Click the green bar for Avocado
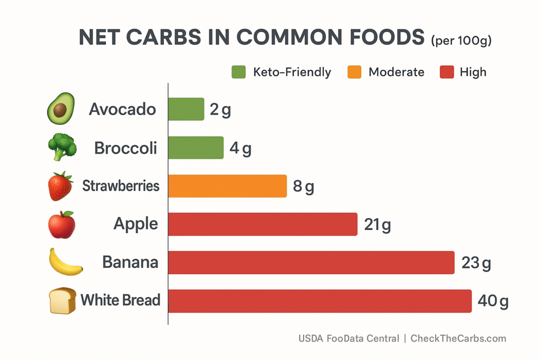coord(186,109)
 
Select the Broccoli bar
coord(196,148)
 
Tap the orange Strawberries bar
coord(227,186)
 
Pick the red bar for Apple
coord(263,224)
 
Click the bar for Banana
coord(311,262)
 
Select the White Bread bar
coord(320,300)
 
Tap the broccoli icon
coord(62,147)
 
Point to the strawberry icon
coord(61,186)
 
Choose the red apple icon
coord(62,225)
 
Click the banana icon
coord(65,262)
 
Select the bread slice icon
coord(62,301)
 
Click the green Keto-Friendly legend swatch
coord(238,72)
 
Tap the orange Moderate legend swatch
coord(354,72)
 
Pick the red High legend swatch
coord(446,72)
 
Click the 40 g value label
coord(493,301)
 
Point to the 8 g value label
coord(303,187)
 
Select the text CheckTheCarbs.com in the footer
coord(458,338)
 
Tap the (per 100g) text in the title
coord(461,40)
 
